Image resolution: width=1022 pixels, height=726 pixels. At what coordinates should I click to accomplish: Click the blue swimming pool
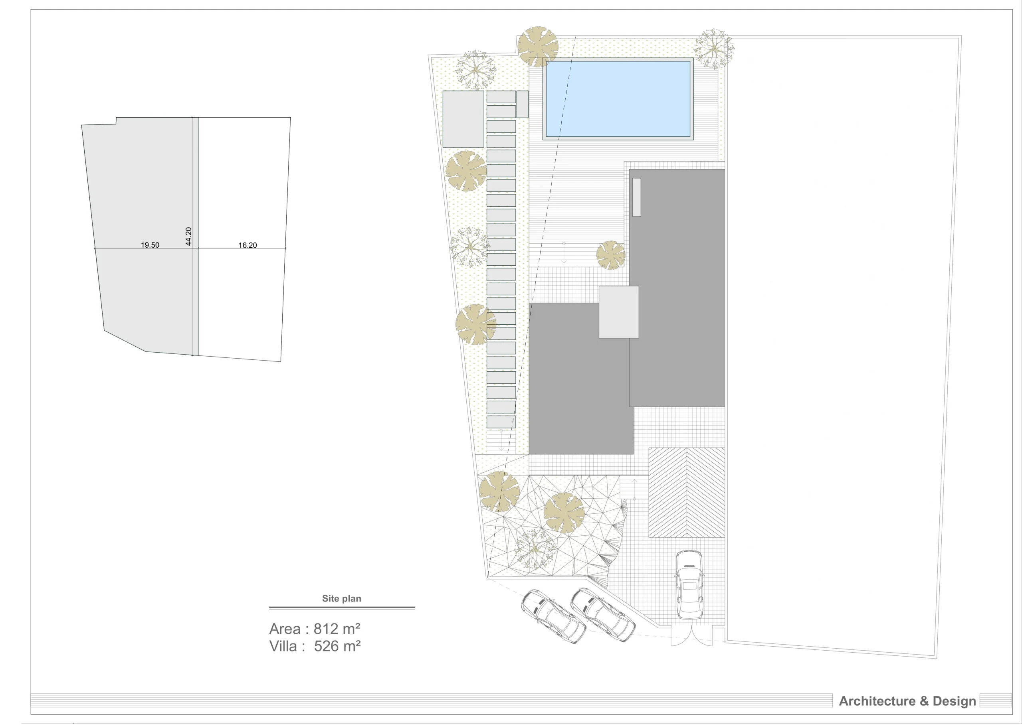[618, 99]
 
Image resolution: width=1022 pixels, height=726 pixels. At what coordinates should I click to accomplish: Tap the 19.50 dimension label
[150, 245]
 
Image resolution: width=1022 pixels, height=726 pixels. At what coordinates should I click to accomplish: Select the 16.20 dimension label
[248, 245]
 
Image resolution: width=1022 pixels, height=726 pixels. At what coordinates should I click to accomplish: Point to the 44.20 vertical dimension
[188, 236]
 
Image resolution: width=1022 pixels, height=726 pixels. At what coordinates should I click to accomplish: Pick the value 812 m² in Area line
[337, 629]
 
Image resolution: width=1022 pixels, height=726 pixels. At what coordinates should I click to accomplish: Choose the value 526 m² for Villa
[337, 646]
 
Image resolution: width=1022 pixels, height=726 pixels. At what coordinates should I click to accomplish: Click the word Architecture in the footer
[877, 701]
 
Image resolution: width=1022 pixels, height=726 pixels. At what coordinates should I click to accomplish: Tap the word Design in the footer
[954, 701]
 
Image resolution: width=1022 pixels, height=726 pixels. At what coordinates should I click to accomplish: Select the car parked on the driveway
[688, 584]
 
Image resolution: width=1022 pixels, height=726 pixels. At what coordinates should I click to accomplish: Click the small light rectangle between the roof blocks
[618, 312]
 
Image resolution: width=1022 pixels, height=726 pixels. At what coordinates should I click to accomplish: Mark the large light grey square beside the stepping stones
[463, 119]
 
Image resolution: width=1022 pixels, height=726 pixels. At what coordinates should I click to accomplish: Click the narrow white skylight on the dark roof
[636, 197]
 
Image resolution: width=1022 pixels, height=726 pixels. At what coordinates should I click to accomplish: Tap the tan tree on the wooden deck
[610, 255]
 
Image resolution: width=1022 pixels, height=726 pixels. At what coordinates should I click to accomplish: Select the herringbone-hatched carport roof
[687, 492]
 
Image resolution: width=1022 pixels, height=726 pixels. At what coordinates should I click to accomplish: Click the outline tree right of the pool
[714, 49]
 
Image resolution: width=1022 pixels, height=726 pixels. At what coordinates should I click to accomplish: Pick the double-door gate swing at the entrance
[691, 636]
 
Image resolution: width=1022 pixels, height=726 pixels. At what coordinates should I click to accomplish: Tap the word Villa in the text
[283, 646]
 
